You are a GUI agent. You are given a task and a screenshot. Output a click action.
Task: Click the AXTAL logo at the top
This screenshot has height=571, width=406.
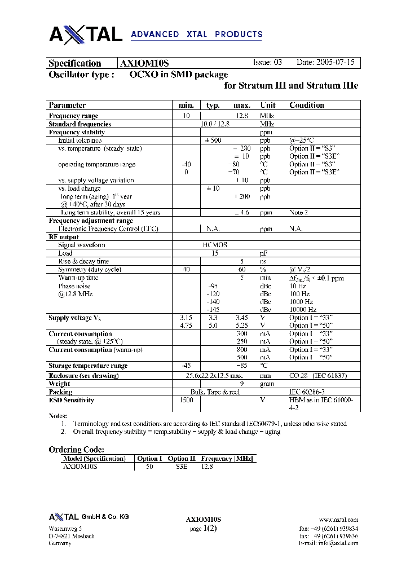pos(86,35)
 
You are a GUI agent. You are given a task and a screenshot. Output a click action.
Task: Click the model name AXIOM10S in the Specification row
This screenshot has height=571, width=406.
pos(145,63)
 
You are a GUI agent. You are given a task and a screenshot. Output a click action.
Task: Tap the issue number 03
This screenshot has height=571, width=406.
pos(277,63)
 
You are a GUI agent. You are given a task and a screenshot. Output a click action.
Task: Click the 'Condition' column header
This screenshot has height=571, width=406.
pos(307,105)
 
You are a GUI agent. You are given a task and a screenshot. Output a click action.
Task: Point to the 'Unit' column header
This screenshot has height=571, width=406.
pos(268,105)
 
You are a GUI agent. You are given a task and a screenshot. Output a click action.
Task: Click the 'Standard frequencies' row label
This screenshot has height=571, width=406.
pos(80,124)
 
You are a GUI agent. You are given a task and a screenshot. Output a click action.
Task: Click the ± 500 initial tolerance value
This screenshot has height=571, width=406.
pos(213,140)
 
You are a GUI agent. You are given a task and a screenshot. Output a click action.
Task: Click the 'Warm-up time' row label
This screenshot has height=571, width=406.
pos(78,278)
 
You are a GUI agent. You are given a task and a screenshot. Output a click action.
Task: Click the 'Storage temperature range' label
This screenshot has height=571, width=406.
pos(88,366)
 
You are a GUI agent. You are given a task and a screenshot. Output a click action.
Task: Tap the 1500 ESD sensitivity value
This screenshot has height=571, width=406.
pos(186,400)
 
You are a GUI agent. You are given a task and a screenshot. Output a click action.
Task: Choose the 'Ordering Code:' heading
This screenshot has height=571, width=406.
pos(76,450)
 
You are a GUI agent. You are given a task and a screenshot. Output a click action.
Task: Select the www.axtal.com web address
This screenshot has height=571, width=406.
pos(338,520)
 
